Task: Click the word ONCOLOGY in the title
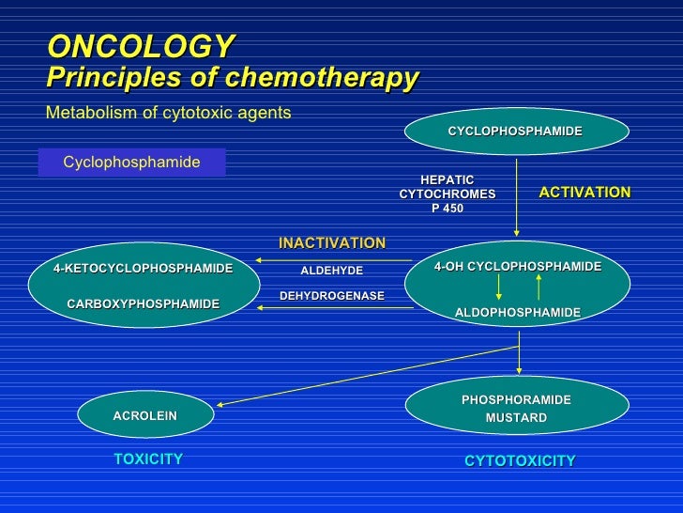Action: coord(141,46)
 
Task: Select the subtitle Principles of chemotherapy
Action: coord(232,78)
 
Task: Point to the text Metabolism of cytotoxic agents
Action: coord(169,113)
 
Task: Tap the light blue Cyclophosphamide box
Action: coord(131,163)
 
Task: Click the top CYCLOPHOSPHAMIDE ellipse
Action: coord(515,131)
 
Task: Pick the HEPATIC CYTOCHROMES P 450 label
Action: coord(447,194)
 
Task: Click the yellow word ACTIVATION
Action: coord(584,192)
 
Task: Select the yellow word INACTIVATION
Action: coord(332,243)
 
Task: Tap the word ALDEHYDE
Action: coord(331,271)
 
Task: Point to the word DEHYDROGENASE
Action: coord(332,296)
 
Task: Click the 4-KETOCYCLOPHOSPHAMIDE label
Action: coord(143,269)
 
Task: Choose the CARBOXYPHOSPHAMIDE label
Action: coord(143,303)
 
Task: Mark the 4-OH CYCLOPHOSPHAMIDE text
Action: coord(518,267)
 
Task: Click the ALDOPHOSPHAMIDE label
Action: coord(518,312)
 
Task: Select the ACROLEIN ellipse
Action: coord(144,415)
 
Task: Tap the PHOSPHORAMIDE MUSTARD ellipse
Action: coord(516,408)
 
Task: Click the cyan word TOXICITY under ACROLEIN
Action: coord(148,459)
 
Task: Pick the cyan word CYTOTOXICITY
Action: coord(520,460)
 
